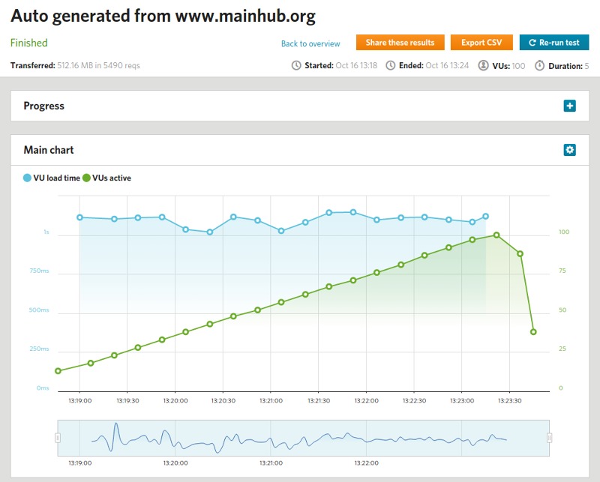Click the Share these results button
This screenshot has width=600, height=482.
pyautogui.click(x=400, y=43)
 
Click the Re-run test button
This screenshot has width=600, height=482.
pyautogui.click(x=554, y=43)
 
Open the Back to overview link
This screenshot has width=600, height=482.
pyautogui.click(x=310, y=43)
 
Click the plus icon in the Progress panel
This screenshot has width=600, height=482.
pyautogui.click(x=570, y=106)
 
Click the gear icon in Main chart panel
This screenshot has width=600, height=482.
pyautogui.click(x=570, y=150)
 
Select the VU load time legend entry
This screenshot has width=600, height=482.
pyautogui.click(x=52, y=178)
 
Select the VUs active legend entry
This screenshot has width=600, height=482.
pyautogui.click(x=106, y=178)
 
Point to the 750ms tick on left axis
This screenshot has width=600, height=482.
pyautogui.click(x=39, y=271)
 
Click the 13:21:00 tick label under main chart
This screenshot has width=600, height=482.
pyautogui.click(x=271, y=401)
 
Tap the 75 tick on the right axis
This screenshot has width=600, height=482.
pyautogui.click(x=562, y=271)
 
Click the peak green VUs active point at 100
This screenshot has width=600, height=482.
pyautogui.click(x=496, y=235)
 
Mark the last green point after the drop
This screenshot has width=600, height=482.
pyautogui.click(x=533, y=331)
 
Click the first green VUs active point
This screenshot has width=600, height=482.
pyautogui.click(x=58, y=371)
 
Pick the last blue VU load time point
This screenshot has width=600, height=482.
pyautogui.click(x=486, y=216)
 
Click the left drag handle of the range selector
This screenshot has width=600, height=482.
pyautogui.click(x=58, y=438)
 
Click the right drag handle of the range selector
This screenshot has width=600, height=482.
pyautogui.click(x=550, y=438)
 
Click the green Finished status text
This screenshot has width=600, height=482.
pyautogui.click(x=29, y=43)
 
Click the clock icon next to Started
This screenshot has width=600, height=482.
pyautogui.click(x=296, y=66)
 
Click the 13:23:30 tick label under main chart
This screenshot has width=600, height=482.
pyautogui.click(x=509, y=401)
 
